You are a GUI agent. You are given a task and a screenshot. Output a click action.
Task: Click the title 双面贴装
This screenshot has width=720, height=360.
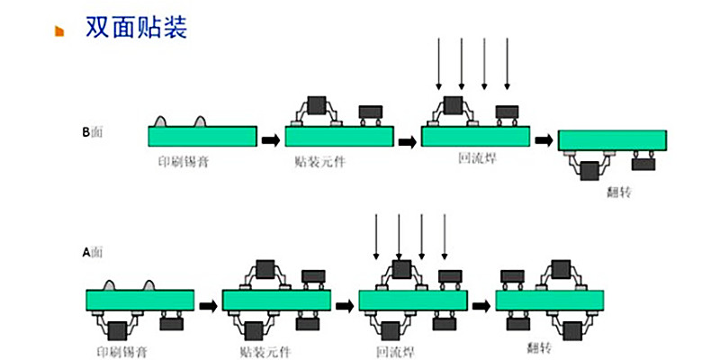[136, 27]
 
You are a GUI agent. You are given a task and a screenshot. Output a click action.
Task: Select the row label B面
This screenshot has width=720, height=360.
[93, 132]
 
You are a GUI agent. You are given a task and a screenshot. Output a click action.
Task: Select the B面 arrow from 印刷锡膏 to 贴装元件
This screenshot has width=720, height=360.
[270, 139]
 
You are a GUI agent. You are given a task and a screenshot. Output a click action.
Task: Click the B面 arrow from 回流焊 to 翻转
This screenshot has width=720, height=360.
[543, 139]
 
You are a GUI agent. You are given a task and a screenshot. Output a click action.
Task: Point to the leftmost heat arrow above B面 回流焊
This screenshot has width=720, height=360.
[438, 63]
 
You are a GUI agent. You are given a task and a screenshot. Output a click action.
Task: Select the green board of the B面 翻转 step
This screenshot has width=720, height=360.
[612, 140]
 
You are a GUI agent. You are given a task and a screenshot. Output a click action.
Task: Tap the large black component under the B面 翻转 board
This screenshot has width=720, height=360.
[590, 170]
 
